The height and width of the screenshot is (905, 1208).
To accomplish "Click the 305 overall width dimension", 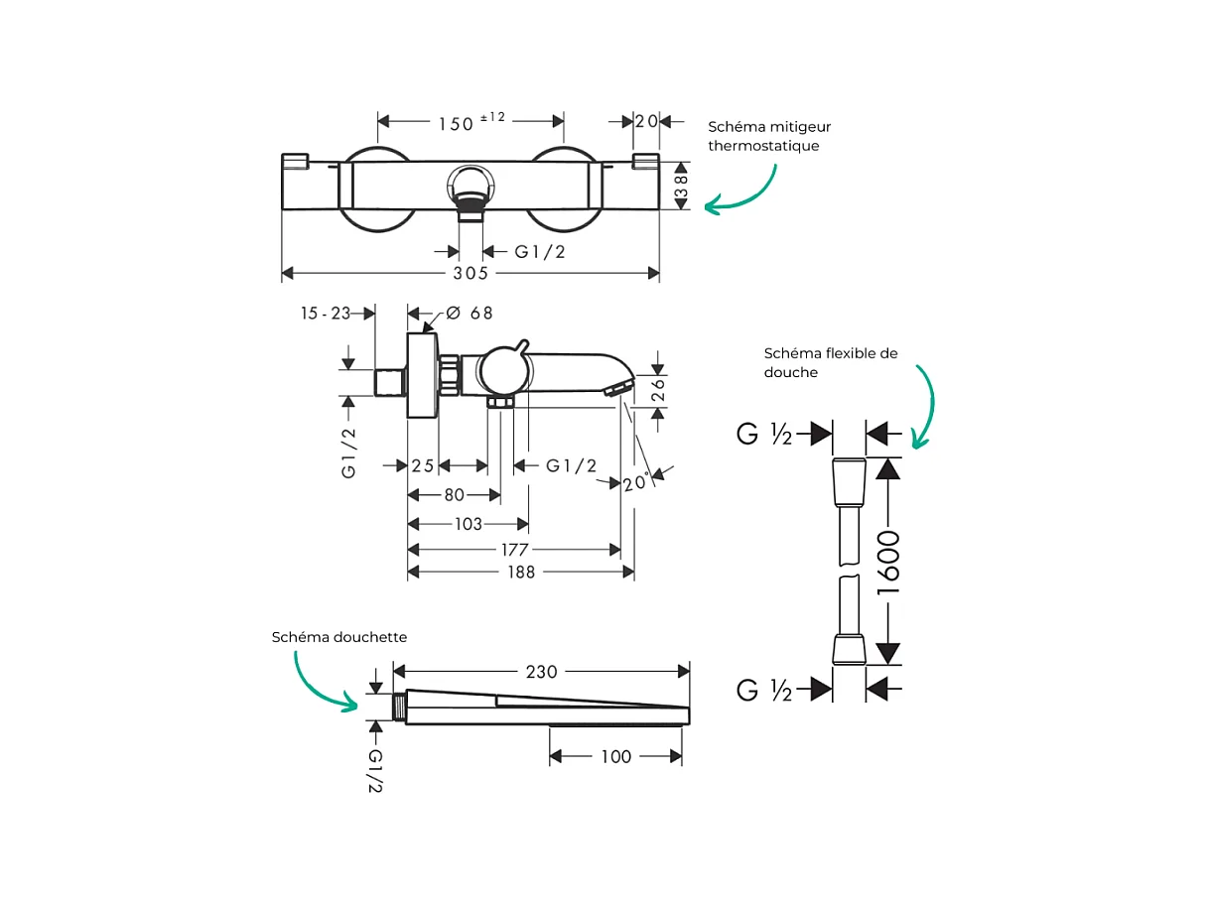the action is [x=470, y=274].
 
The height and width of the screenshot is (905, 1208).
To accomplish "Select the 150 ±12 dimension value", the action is [x=471, y=122].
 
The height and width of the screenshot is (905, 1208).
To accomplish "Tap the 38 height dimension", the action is [x=681, y=186].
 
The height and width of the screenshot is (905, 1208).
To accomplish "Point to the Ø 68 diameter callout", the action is [x=470, y=313].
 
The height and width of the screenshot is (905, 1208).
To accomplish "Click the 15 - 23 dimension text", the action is [x=326, y=313].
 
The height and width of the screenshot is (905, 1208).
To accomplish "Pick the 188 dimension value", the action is [x=521, y=573].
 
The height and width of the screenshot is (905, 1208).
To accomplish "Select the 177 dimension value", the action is [x=514, y=550].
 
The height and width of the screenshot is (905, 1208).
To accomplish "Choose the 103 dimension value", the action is [x=469, y=524].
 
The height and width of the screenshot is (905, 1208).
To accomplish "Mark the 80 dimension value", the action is [x=454, y=495].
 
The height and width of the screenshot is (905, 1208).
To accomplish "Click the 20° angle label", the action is [x=636, y=482].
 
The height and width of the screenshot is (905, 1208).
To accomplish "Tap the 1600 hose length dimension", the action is [x=887, y=563].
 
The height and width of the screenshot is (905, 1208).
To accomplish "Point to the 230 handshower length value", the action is [x=542, y=672].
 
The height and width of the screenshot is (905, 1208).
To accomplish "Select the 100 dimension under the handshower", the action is [x=615, y=757].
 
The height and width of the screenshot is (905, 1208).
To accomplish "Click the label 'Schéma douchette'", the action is [x=339, y=637].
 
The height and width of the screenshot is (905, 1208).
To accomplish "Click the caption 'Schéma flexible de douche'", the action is [x=831, y=362].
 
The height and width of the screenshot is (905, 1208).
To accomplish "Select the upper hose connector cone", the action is [x=849, y=482].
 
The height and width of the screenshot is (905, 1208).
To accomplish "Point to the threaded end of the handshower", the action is [x=400, y=707].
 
